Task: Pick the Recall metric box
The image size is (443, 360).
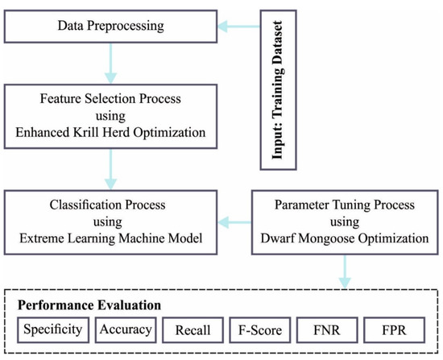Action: (193, 330)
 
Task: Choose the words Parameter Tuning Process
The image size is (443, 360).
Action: (346, 201)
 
